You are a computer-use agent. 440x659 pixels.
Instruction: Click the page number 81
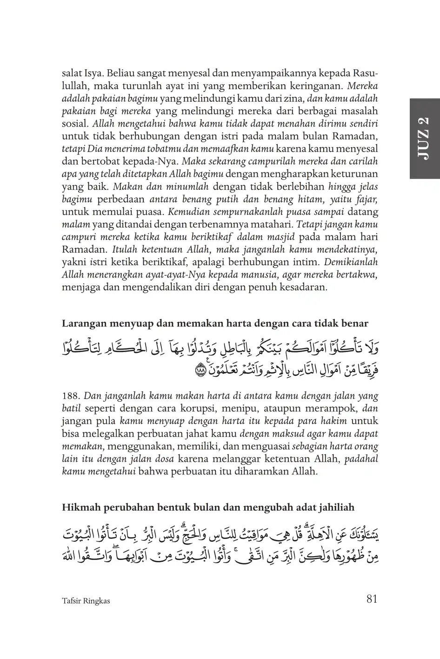[x=371, y=599]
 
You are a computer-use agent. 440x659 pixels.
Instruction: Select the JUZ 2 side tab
[x=424, y=139]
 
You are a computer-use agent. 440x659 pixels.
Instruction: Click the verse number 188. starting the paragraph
[x=71, y=397]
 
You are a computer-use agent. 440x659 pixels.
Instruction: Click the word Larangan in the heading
[x=80, y=324]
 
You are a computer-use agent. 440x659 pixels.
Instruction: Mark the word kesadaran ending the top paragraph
[x=303, y=287]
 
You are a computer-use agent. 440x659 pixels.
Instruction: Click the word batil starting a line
[x=72, y=409]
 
